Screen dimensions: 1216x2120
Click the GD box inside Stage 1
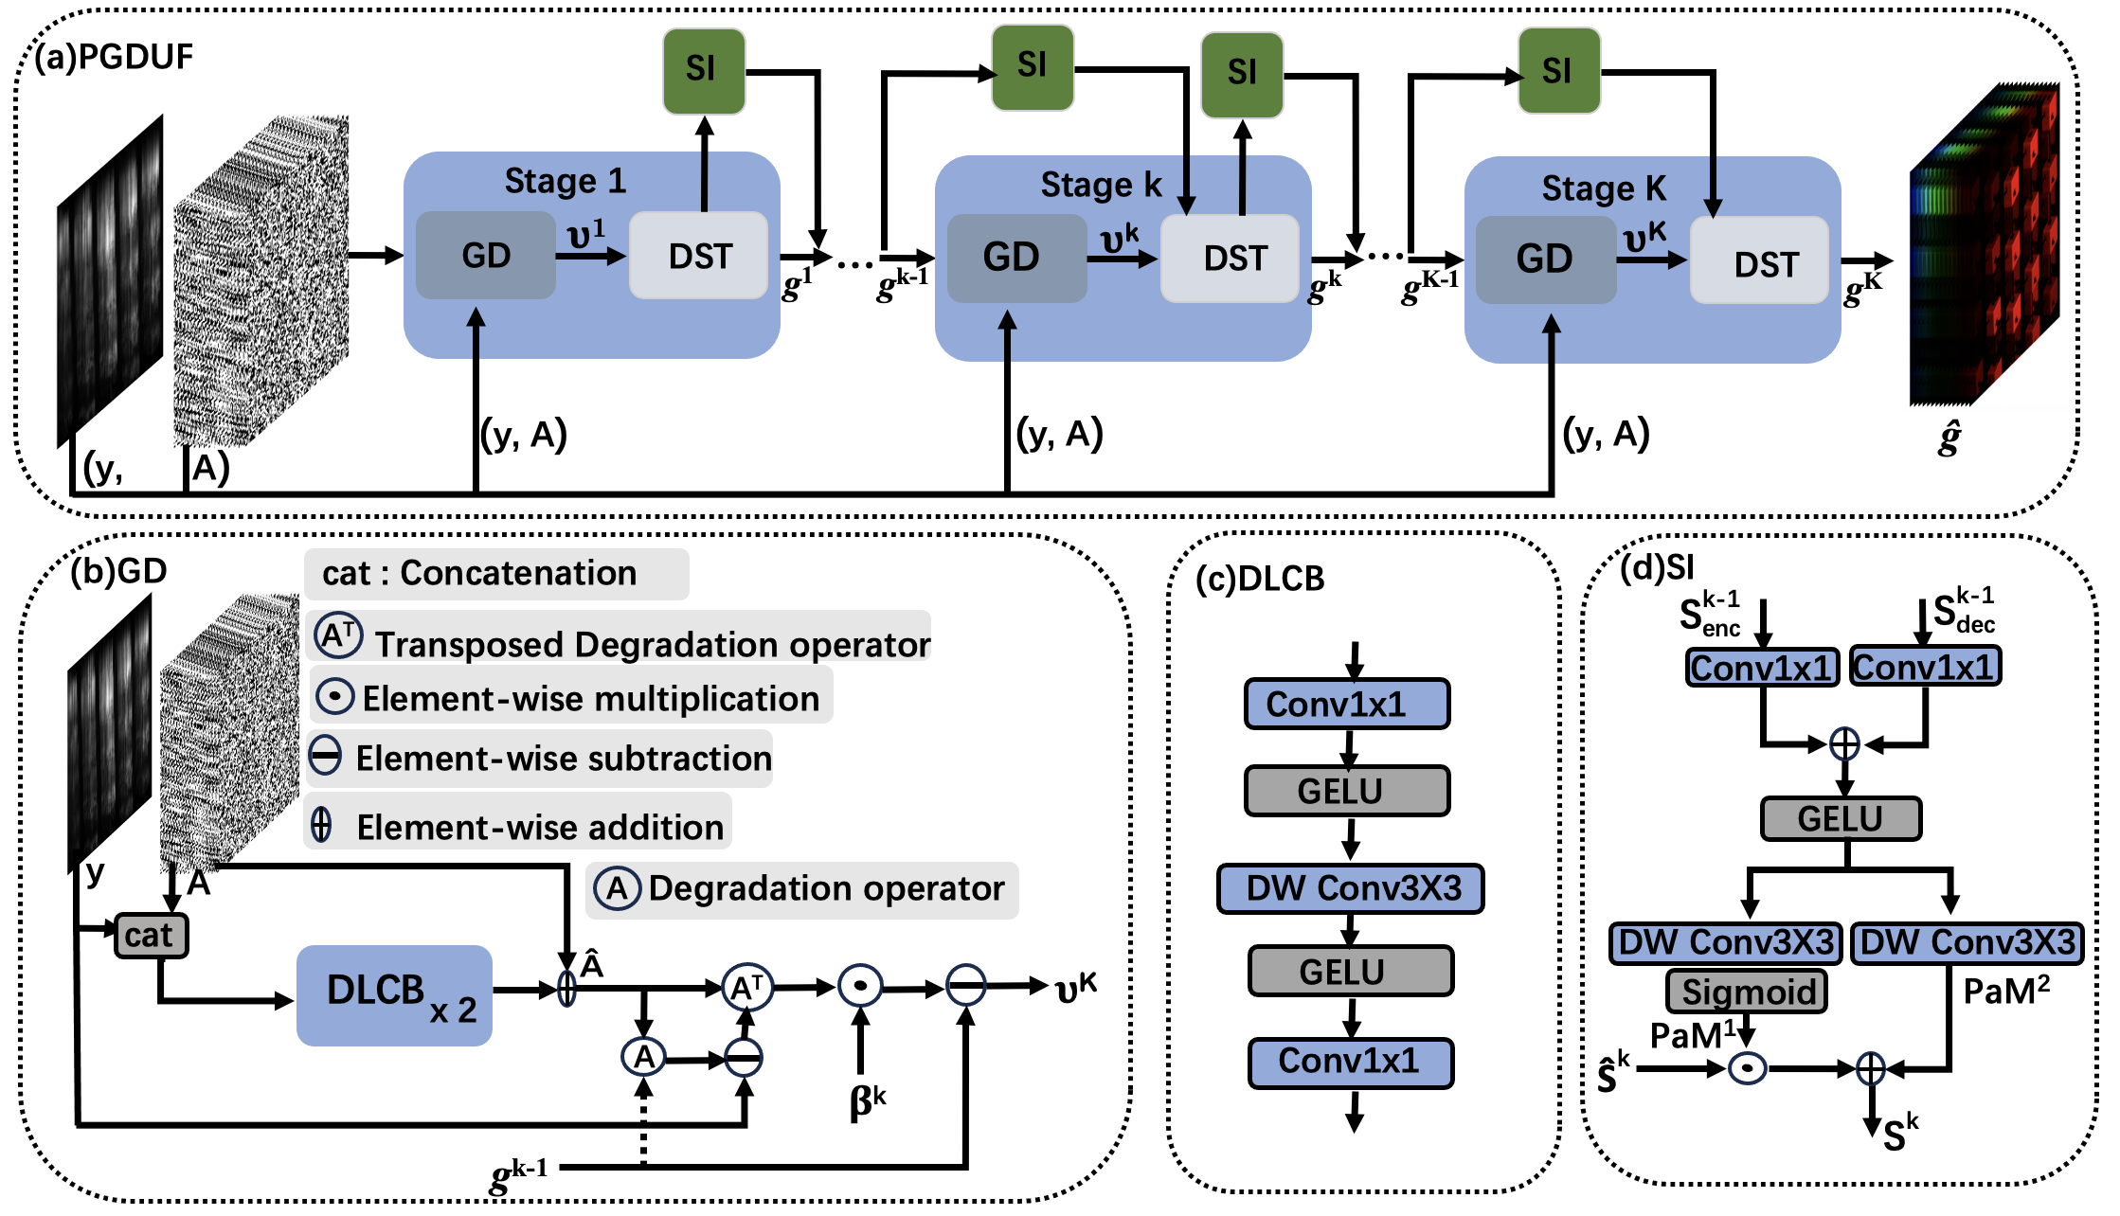tap(485, 256)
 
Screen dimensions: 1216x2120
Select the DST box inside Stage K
tap(1759, 262)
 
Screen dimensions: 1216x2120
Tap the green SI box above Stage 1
tap(703, 70)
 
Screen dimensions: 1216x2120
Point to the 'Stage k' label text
tap(1101, 185)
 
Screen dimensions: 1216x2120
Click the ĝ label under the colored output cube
tap(1948, 438)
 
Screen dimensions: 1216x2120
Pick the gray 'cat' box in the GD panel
tap(151, 936)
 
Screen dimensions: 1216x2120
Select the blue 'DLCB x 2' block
tap(394, 995)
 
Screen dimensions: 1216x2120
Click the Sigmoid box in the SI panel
tap(1747, 992)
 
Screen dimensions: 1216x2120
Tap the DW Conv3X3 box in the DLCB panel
tap(1351, 888)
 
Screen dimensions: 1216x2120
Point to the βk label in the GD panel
tap(867, 1100)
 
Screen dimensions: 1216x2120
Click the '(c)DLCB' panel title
tap(1260, 579)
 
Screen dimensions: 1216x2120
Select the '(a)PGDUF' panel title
tap(114, 57)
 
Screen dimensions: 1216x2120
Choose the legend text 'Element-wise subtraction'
tap(564, 759)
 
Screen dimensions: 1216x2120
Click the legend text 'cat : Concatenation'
tap(479, 573)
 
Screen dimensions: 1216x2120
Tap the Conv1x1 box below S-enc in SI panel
tap(1761, 668)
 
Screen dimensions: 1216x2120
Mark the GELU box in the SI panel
tap(1841, 818)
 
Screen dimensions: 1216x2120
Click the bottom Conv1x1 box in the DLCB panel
tap(1350, 1062)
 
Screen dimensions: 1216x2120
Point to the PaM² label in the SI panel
tap(2005, 992)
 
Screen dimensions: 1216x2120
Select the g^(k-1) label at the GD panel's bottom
tap(519, 1174)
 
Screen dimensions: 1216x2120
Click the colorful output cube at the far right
tap(1984, 246)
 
